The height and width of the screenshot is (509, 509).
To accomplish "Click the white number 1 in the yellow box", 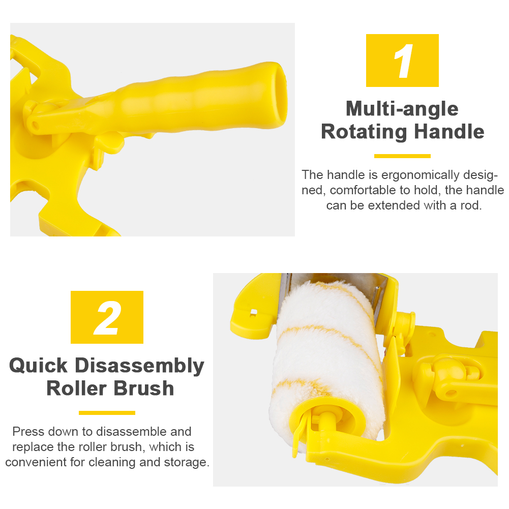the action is point(404,61).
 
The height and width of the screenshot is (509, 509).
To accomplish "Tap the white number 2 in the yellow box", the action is point(107,318).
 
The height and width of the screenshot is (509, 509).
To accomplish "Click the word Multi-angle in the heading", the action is point(402,109).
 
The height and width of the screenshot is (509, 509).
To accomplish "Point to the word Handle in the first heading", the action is point(449,132).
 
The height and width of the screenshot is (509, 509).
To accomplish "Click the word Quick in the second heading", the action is point(38,366).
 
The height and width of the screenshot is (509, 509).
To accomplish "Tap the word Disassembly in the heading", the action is point(140,366).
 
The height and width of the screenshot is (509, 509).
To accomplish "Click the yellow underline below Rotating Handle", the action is point(402,156).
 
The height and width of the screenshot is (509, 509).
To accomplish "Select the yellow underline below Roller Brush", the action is point(107,413).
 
